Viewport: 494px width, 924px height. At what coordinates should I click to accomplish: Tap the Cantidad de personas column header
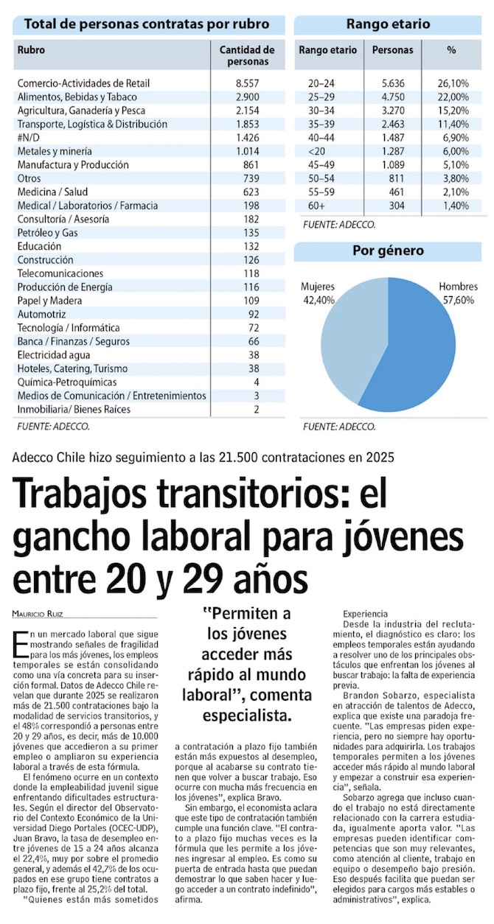point(247,56)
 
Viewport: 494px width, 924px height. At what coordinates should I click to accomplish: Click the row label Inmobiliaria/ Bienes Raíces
point(74,410)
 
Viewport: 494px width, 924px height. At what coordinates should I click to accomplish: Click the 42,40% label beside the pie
point(319,300)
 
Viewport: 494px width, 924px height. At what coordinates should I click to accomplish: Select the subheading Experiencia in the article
point(366,613)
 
